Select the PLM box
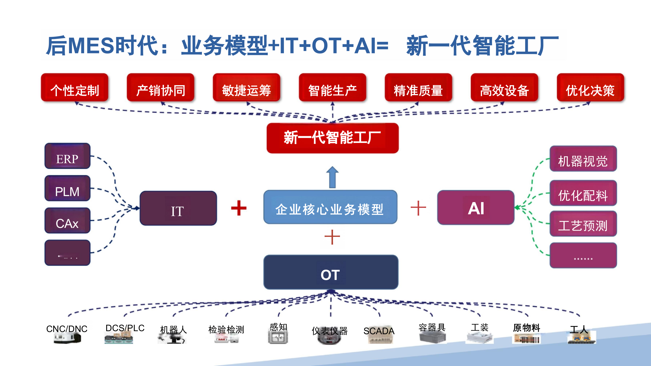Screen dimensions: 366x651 (67, 188)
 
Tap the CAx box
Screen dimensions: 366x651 (67, 221)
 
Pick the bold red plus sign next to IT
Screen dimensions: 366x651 (239, 208)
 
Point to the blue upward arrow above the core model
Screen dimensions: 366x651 (332, 177)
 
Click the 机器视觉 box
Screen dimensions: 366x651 (583, 159)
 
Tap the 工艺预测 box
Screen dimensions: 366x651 (583, 224)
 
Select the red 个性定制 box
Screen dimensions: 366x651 (75, 88)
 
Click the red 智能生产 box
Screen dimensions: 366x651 (332, 88)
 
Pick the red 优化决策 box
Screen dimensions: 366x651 (590, 88)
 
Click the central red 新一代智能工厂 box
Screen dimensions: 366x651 (332, 138)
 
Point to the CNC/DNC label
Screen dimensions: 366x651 (67, 329)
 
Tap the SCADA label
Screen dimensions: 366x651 (378, 331)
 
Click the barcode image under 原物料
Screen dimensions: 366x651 (527, 339)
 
